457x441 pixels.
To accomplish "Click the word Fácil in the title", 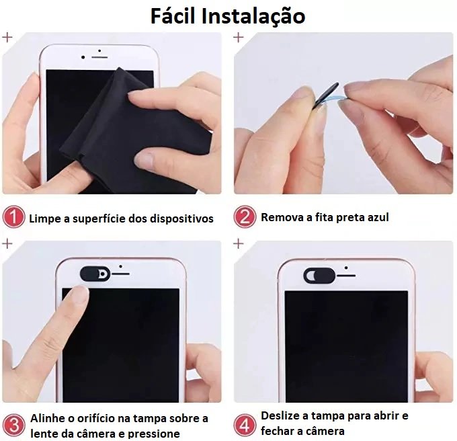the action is tap(172, 15).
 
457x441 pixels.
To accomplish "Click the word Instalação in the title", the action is tap(253, 17).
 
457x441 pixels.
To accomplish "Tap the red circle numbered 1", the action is tap(13, 217).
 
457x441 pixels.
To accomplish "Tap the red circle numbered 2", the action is tap(245, 217).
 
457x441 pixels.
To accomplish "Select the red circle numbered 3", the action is tap(13, 426).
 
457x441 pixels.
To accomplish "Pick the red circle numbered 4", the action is tap(245, 426).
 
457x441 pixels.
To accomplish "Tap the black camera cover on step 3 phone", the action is tap(95, 274).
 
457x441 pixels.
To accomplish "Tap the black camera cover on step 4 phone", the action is tap(320, 276).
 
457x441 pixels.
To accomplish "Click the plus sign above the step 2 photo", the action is tap(239, 37).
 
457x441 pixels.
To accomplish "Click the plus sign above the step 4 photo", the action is tap(239, 243).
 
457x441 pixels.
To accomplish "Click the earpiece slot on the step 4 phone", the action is tap(346, 276).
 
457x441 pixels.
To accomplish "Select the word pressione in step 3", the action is tap(154, 434).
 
